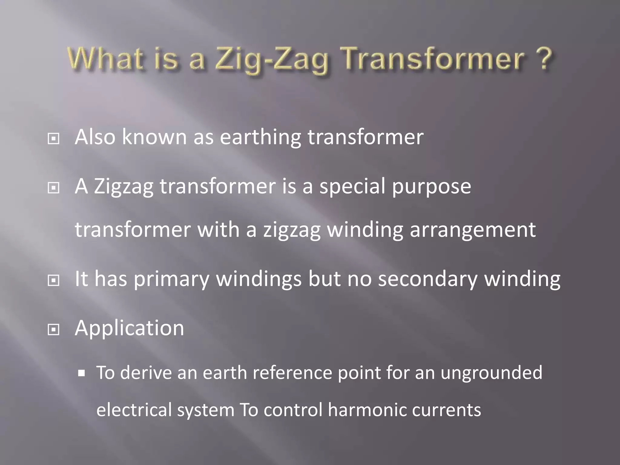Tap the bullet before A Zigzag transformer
coord(54,188)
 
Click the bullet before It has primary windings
coord(54,281)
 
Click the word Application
coord(129,328)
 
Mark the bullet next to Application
coord(54,330)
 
